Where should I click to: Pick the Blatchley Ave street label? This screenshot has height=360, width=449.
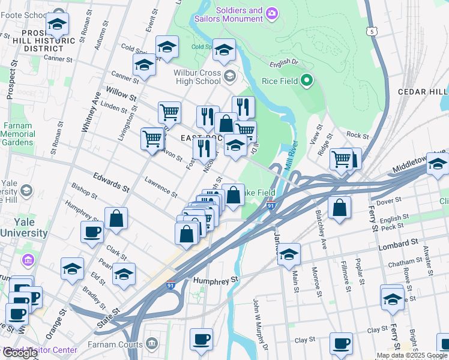point(321,223)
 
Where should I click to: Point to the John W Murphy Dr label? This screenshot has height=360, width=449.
point(259,323)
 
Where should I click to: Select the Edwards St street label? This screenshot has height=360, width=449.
point(111,182)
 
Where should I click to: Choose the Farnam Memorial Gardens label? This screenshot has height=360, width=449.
point(18,134)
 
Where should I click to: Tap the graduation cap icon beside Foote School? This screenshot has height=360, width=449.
point(58,24)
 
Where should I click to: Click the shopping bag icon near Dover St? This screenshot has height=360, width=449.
point(340,208)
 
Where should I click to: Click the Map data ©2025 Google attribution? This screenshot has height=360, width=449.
point(412,355)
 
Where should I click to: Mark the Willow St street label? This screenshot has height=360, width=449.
point(121,93)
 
